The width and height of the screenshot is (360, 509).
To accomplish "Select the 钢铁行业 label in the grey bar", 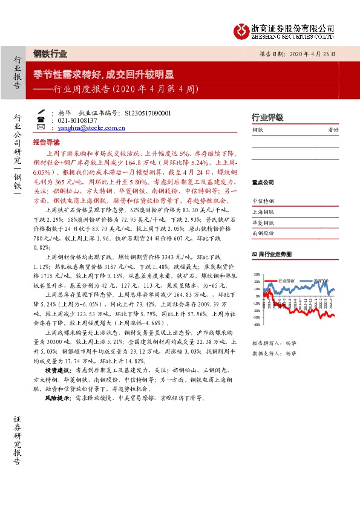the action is pyautogui.click(x=50, y=53).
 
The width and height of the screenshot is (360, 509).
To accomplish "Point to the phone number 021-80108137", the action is pyautogui.click(x=76, y=120).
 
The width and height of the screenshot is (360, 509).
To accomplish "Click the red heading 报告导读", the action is pyautogui.click(x=46, y=142).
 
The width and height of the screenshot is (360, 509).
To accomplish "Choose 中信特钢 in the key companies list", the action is pyautogui.click(x=263, y=201).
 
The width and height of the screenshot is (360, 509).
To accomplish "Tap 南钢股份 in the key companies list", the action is pyautogui.click(x=263, y=233).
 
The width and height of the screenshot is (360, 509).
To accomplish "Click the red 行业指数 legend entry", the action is pyautogui.click(x=286, y=280).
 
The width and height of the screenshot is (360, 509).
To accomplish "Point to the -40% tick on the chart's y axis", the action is pyautogui.click(x=257, y=325).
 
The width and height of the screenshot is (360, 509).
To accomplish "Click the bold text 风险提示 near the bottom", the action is pyautogui.click(x=57, y=399).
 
